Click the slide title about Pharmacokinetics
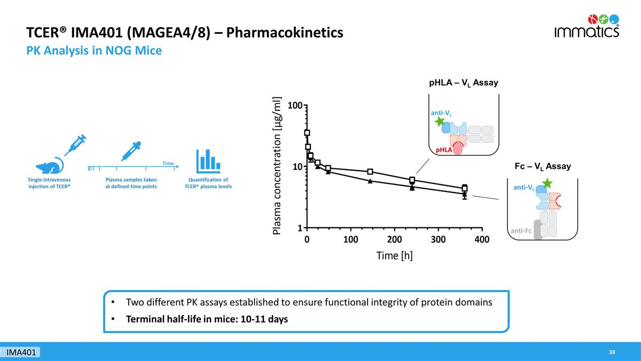point(185,33)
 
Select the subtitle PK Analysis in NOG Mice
point(94,51)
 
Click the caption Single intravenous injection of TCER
point(49,183)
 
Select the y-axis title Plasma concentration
point(277,165)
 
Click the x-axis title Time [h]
point(394,256)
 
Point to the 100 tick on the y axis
point(294,105)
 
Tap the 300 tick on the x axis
point(438,239)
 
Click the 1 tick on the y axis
point(300,228)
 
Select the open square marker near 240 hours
point(412,180)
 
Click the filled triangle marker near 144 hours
point(370,181)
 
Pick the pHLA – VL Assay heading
point(463,83)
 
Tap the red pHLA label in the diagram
point(443,150)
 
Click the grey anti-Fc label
point(520,231)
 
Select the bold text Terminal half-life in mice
point(207,319)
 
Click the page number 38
point(612,352)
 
